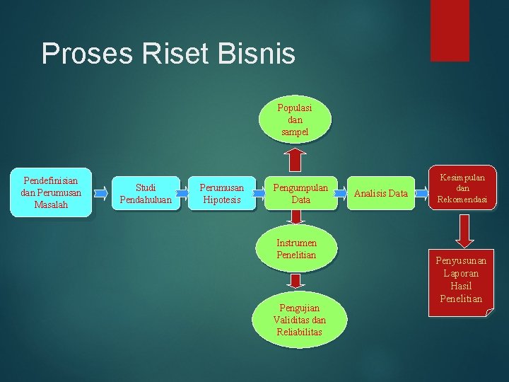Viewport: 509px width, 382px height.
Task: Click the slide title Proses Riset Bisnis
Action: coord(168,54)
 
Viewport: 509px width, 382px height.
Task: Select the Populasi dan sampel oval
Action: coord(294,120)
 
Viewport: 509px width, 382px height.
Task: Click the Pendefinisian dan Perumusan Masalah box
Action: coord(50,192)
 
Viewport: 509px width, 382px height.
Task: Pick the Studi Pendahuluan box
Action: coord(146,193)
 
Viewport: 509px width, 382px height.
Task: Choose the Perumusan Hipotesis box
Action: coord(222,193)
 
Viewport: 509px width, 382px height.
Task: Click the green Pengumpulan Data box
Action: coord(300,193)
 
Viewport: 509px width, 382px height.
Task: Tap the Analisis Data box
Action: coord(380,193)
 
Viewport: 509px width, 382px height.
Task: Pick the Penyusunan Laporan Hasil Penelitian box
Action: coord(462,279)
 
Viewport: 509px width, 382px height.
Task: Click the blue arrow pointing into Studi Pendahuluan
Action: coord(104,192)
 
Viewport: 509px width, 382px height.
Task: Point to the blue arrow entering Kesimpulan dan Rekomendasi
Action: coord(421,192)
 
